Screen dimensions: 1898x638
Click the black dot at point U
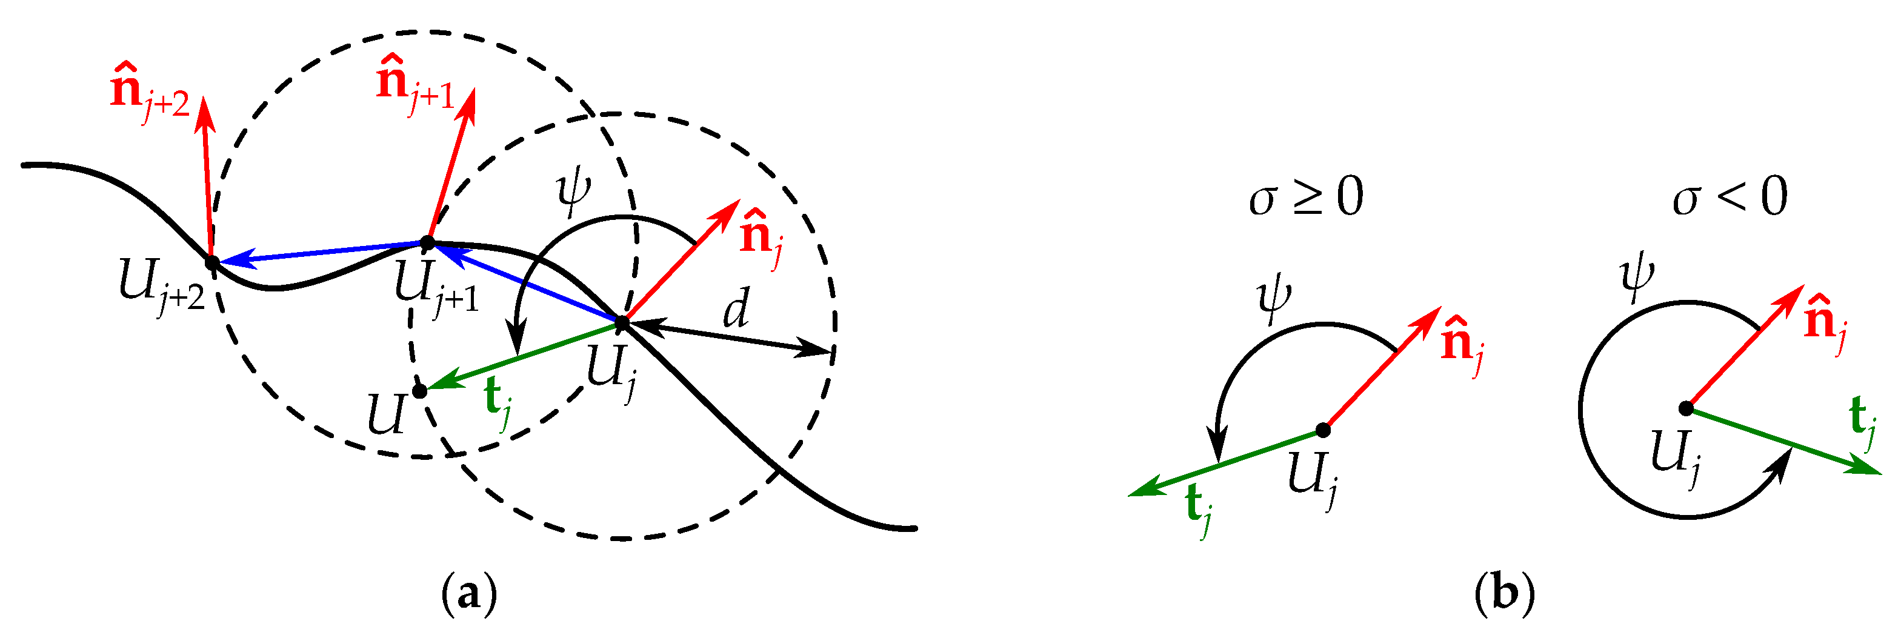(419, 390)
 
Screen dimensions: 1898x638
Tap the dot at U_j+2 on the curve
(211, 262)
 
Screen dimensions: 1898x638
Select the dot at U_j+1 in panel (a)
(427, 242)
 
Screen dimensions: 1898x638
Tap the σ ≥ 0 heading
(1305, 198)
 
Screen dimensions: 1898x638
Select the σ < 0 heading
(1730, 198)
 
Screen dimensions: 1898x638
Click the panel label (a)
(468, 593)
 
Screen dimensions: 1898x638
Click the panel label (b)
(1505, 593)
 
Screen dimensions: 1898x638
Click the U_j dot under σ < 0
(1686, 408)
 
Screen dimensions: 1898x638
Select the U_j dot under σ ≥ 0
(1324, 430)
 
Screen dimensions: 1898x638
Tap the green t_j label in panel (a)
(498, 403)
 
